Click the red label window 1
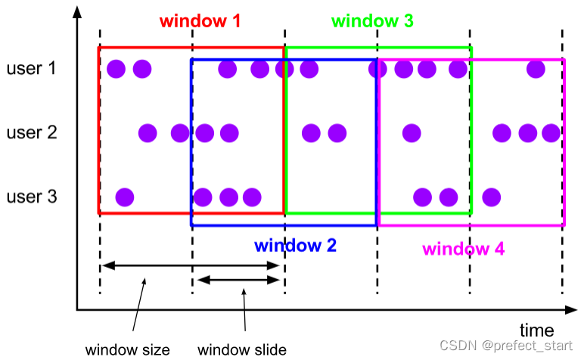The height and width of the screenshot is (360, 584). pos(200,21)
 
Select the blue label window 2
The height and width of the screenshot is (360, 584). pos(296,245)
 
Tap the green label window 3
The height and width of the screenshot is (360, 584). pos(373,21)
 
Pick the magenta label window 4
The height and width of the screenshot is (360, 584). pos(464,249)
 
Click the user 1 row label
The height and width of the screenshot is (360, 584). pos(32,69)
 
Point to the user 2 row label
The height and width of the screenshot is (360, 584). pos(32,133)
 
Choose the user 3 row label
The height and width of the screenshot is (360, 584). pos(32,197)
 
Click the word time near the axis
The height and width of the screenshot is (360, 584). pos(536,331)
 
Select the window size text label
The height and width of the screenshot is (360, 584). pos(127,349)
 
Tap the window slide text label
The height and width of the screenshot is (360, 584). pos(242,349)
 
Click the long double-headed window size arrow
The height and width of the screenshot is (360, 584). pos(192,265)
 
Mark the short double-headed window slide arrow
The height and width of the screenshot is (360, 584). pos(238,281)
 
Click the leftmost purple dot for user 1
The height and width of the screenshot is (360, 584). pos(116,70)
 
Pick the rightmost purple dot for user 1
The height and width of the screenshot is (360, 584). pos(536,70)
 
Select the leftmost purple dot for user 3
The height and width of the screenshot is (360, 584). pos(125,197)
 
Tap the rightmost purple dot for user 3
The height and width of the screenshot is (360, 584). pos(492,197)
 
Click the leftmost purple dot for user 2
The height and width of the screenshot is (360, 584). pos(148,134)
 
